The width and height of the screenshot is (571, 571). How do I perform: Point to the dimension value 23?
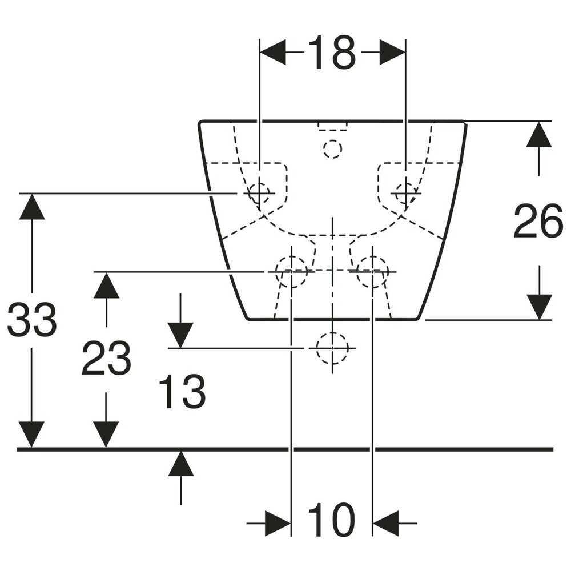click(x=106, y=359)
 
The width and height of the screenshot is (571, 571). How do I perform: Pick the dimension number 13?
click(x=182, y=392)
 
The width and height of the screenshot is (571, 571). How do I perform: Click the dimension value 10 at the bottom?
click(x=331, y=521)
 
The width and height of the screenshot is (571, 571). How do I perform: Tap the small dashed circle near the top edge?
click(x=332, y=149)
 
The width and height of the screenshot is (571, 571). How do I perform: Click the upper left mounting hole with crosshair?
click(x=259, y=192)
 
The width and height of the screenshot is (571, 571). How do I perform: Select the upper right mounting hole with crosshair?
click(x=405, y=192)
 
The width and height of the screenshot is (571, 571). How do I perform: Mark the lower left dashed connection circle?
click(x=291, y=270)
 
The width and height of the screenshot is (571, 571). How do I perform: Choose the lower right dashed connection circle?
click(x=372, y=270)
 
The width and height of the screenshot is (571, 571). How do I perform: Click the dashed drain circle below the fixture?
click(x=332, y=348)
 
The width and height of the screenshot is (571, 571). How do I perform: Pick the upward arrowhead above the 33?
click(x=32, y=206)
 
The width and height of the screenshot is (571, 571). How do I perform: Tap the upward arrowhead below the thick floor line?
click(x=180, y=463)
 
